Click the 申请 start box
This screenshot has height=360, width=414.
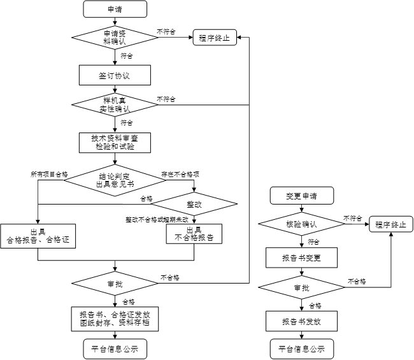point(115,10)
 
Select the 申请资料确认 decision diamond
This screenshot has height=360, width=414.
point(115,38)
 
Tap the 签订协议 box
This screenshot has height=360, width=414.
point(115,75)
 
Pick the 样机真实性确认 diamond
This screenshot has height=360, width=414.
point(115,104)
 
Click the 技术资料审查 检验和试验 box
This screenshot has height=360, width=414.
point(115,142)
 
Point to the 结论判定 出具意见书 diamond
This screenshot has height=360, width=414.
point(115,180)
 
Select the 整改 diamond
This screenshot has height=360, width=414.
point(194,205)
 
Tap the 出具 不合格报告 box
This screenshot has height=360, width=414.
point(194,234)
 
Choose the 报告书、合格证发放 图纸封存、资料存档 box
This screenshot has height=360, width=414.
point(115,318)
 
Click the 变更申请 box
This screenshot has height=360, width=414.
point(301,195)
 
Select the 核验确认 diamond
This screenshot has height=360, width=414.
point(301,224)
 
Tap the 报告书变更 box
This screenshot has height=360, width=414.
point(301,257)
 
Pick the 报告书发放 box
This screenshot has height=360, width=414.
point(301,320)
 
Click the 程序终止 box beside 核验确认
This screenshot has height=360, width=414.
point(390,224)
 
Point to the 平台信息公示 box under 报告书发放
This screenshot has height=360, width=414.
point(301,349)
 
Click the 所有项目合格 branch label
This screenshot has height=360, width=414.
point(49,173)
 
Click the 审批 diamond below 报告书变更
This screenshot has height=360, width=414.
point(301,288)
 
